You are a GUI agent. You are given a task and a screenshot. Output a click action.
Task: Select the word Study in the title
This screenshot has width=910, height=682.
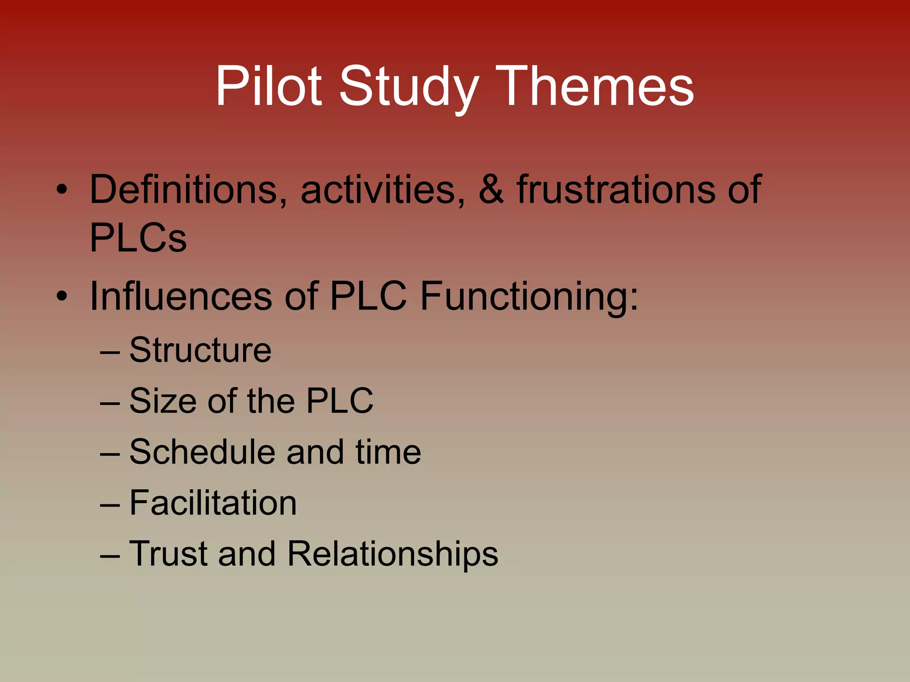[x=409, y=86]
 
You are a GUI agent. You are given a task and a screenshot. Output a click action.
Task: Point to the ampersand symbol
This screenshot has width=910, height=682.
[x=491, y=190]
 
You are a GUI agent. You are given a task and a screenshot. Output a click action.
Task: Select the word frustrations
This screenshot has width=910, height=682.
[x=616, y=190]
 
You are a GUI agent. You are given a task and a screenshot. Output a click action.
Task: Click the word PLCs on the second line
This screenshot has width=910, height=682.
[x=138, y=238]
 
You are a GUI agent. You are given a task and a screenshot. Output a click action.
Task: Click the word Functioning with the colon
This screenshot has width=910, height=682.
[x=529, y=297]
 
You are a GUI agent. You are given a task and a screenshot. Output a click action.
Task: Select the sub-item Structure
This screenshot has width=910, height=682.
[x=200, y=350]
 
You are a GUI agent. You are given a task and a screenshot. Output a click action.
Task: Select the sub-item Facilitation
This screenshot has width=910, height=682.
[x=213, y=503]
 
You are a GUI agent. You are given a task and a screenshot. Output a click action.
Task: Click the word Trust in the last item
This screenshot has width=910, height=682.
[x=168, y=554]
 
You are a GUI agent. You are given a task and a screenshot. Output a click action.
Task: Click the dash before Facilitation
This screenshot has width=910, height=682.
[x=110, y=505]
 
